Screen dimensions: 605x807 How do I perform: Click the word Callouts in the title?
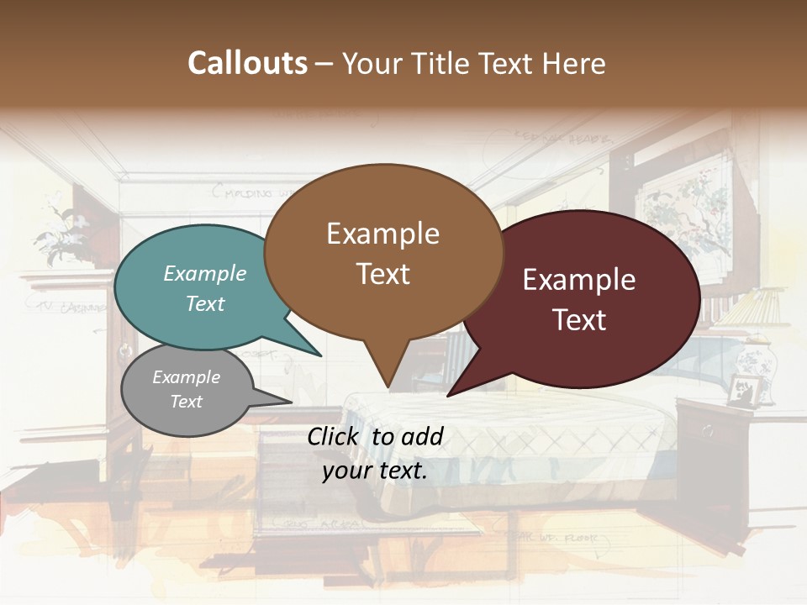[x=247, y=63]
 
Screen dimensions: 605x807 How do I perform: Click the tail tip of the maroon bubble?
[x=448, y=395]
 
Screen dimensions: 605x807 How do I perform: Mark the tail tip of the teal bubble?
[x=320, y=355]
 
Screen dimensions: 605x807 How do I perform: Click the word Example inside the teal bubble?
[x=205, y=273]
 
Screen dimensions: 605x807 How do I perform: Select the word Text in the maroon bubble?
[x=579, y=320]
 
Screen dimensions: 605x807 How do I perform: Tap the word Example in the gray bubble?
[x=186, y=377]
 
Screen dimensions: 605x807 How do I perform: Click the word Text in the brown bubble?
[x=382, y=274]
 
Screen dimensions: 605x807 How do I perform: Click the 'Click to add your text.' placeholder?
[x=374, y=454]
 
